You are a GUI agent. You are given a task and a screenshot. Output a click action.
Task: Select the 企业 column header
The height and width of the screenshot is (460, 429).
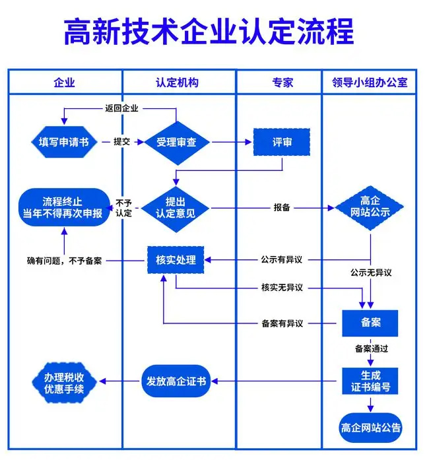pos(64,82)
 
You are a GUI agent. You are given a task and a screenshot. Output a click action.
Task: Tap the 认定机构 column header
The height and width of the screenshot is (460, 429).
pos(177,82)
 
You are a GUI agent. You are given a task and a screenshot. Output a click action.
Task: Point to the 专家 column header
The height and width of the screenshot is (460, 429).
pos(282,82)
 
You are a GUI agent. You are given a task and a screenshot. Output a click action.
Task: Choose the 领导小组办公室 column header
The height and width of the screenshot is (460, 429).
pos(370,82)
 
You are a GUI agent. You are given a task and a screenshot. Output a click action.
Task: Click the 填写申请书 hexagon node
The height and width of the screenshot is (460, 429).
pos(64,142)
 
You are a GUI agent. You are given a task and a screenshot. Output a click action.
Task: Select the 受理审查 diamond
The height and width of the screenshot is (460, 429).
pos(176,142)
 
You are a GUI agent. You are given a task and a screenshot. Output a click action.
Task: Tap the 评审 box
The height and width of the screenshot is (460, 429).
pos(282,142)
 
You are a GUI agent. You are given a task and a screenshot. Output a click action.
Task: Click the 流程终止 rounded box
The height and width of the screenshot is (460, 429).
pos(63,207)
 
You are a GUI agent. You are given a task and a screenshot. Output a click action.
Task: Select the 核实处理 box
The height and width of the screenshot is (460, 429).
pos(176,259)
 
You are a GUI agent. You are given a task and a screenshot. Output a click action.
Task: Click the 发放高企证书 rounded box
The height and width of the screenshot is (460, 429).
pos(175,381)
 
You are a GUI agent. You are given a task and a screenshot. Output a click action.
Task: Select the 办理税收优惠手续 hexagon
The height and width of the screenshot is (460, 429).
pos(64,381)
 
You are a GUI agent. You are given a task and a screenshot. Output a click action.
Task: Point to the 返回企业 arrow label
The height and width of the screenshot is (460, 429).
pos(121,108)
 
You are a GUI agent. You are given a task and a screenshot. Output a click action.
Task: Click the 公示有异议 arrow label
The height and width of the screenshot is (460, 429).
pos(286,259)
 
